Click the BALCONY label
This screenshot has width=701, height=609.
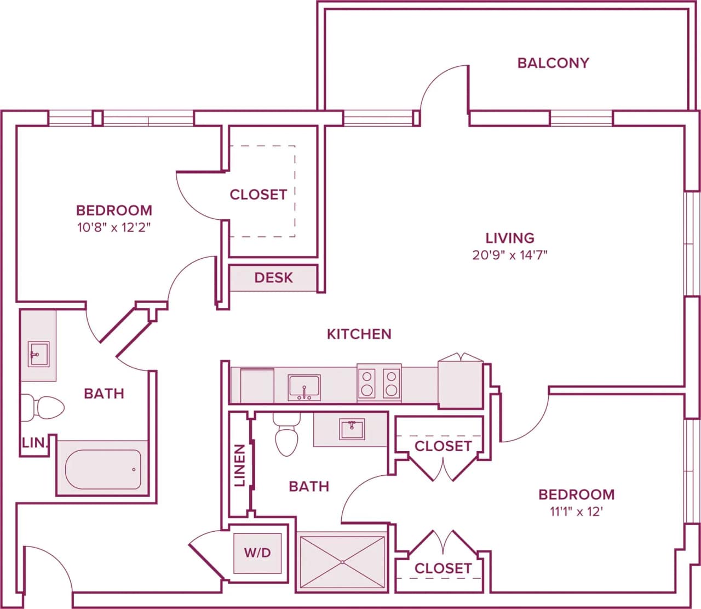pyautogui.click(x=553, y=63)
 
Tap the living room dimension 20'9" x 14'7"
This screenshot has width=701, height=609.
pyautogui.click(x=510, y=255)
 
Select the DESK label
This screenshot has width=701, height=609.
pyautogui.click(x=273, y=278)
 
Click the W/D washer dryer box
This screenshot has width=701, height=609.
pyautogui.click(x=257, y=553)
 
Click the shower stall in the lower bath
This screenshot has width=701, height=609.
pyautogui.click(x=342, y=562)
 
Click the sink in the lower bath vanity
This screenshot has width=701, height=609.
pyautogui.click(x=352, y=429)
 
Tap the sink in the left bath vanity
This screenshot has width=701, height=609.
pyautogui.click(x=38, y=354)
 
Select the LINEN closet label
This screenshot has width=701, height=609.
pyautogui.click(x=239, y=465)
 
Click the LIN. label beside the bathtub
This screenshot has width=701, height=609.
pyautogui.click(x=35, y=443)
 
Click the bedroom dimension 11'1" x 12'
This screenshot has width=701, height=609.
pyautogui.click(x=576, y=512)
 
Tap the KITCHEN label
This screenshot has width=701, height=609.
pyautogui.click(x=359, y=334)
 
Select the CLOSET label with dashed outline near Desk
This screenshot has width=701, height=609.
pyautogui.click(x=258, y=195)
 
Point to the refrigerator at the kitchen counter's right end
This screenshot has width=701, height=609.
pyautogui.click(x=460, y=384)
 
